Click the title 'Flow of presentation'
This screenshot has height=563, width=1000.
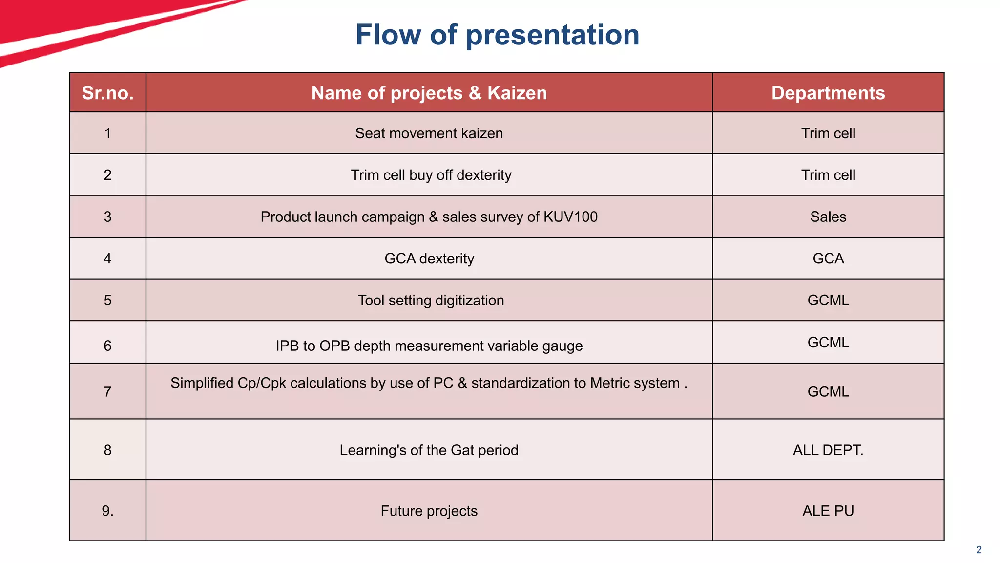click(x=497, y=35)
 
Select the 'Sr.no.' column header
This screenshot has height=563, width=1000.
click(x=107, y=93)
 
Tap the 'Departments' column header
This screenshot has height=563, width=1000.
click(x=828, y=93)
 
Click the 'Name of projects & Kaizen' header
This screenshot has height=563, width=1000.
click(x=429, y=93)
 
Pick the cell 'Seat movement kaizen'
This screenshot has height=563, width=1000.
click(x=429, y=133)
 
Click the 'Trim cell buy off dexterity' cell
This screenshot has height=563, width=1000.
click(x=431, y=175)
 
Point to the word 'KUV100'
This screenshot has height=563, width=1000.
click(x=570, y=217)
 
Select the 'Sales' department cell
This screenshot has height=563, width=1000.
click(x=828, y=217)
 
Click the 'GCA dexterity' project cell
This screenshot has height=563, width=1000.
click(x=429, y=259)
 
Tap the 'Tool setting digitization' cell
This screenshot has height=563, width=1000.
click(x=431, y=300)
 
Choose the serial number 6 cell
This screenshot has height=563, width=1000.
click(x=107, y=346)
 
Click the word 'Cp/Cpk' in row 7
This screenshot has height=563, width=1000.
click(x=262, y=383)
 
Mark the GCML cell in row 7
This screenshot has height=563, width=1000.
click(x=828, y=391)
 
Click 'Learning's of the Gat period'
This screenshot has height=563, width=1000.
click(x=429, y=450)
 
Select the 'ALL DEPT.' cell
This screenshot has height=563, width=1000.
click(x=828, y=450)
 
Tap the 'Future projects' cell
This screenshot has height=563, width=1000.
click(x=429, y=511)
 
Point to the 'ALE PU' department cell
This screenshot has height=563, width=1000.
click(x=828, y=511)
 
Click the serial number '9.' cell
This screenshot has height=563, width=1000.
click(x=107, y=511)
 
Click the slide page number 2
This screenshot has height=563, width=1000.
click(x=979, y=550)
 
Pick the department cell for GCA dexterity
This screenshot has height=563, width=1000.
click(x=828, y=259)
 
